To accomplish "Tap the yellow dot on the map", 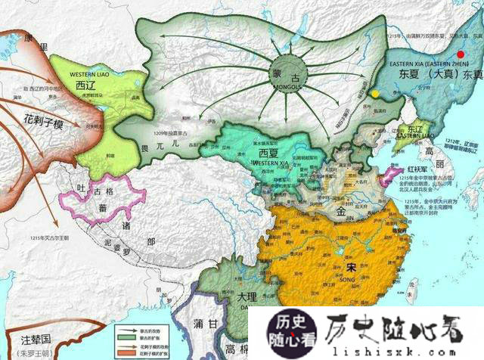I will pos(375,95).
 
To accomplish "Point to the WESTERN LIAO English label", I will pos(92,76).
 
